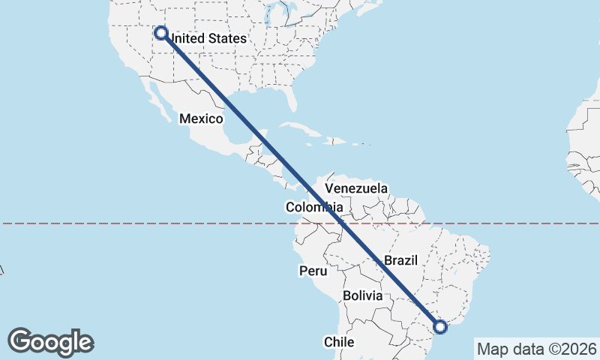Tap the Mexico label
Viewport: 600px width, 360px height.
[201, 118]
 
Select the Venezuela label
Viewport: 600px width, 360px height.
[356, 187]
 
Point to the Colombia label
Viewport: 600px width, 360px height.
[314, 207]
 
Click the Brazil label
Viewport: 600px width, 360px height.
[400, 260]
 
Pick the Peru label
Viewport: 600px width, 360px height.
[313, 271]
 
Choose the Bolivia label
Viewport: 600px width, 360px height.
[363, 295]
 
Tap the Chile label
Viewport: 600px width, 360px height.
[338, 341]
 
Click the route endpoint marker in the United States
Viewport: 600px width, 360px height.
[160, 32]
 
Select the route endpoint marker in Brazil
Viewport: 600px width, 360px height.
[440, 326]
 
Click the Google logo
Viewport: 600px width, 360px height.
[50, 342]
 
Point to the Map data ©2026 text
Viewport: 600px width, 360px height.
[536, 349]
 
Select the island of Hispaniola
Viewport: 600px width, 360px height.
[335, 140]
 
